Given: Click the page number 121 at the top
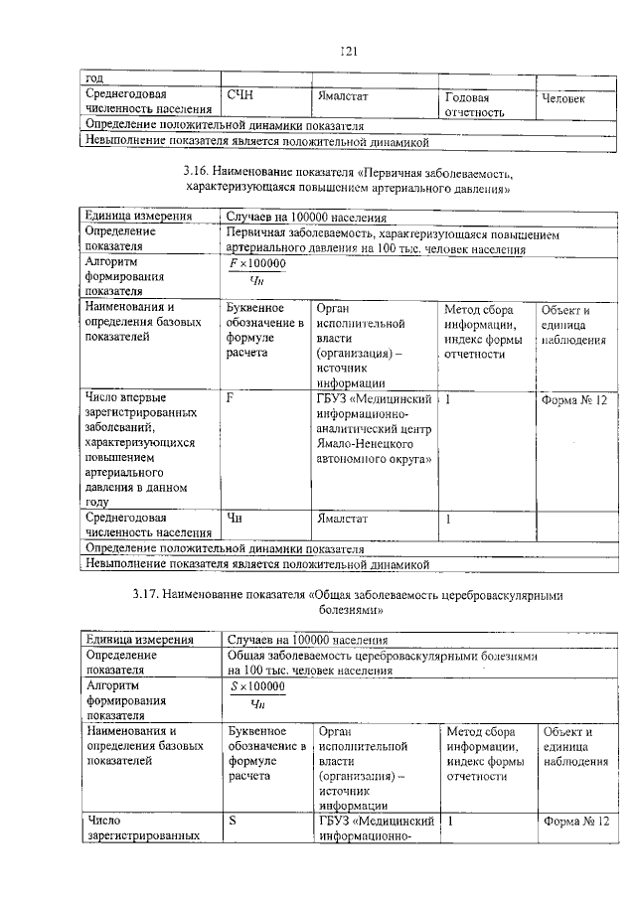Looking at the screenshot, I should (x=348, y=51).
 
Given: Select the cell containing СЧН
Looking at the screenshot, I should (x=240, y=96).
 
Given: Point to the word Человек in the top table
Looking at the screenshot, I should (x=563, y=98).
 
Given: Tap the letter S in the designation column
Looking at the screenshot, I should (x=232, y=822).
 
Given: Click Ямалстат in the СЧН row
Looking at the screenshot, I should (x=342, y=97).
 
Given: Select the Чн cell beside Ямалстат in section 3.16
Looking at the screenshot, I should (x=235, y=517).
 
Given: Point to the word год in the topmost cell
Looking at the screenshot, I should (x=93, y=77).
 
